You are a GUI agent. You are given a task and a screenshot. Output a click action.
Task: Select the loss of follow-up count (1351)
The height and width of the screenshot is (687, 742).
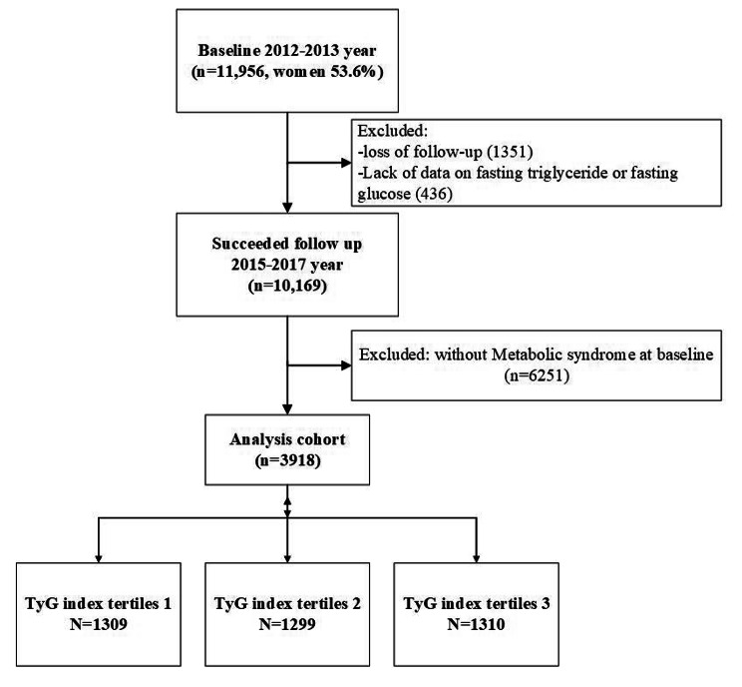(x=510, y=152)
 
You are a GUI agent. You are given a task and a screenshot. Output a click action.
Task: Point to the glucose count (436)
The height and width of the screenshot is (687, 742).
(x=432, y=194)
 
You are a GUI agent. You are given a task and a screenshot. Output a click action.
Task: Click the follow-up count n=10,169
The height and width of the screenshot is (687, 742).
(x=287, y=286)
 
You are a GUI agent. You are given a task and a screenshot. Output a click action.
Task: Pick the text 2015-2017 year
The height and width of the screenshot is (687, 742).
(x=287, y=265)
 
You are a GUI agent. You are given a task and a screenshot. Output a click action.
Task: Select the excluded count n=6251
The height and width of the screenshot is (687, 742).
(x=537, y=375)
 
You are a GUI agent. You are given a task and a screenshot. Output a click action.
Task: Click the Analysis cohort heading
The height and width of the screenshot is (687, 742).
(x=287, y=439)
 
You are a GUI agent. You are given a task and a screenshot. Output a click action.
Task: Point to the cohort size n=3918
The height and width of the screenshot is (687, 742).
(x=287, y=460)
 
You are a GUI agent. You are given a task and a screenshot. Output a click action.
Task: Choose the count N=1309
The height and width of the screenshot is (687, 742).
(x=99, y=624)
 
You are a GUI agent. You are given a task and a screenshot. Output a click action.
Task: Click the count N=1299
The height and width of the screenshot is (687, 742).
(x=287, y=624)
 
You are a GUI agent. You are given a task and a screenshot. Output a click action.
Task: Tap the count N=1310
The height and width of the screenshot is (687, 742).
(x=476, y=624)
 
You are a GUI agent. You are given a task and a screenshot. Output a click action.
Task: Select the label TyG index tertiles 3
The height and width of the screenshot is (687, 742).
(x=476, y=603)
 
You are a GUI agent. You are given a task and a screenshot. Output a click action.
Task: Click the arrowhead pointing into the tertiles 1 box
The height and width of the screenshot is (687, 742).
(x=99, y=557)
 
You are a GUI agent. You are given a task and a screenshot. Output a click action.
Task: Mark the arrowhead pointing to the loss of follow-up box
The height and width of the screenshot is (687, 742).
(x=346, y=163)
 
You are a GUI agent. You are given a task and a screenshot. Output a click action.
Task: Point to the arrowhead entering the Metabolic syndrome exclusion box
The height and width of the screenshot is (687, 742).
(x=346, y=365)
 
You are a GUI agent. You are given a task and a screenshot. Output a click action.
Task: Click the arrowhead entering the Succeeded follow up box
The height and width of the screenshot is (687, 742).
(x=287, y=208)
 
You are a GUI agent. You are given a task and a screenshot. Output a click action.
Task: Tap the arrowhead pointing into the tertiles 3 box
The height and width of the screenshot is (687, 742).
(x=476, y=557)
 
